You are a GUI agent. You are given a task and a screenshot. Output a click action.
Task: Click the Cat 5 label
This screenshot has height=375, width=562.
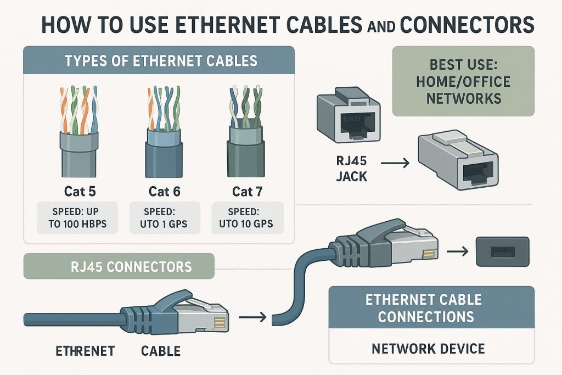(79, 192)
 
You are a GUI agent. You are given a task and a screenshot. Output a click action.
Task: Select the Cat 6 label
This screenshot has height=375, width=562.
(164, 192)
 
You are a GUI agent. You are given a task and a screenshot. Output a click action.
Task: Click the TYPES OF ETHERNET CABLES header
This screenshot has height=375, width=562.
(160, 60)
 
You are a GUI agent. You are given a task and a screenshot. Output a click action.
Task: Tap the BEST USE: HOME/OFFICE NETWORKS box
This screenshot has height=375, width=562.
(463, 81)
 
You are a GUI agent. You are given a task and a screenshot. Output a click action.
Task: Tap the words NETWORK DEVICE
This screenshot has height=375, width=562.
(428, 348)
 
